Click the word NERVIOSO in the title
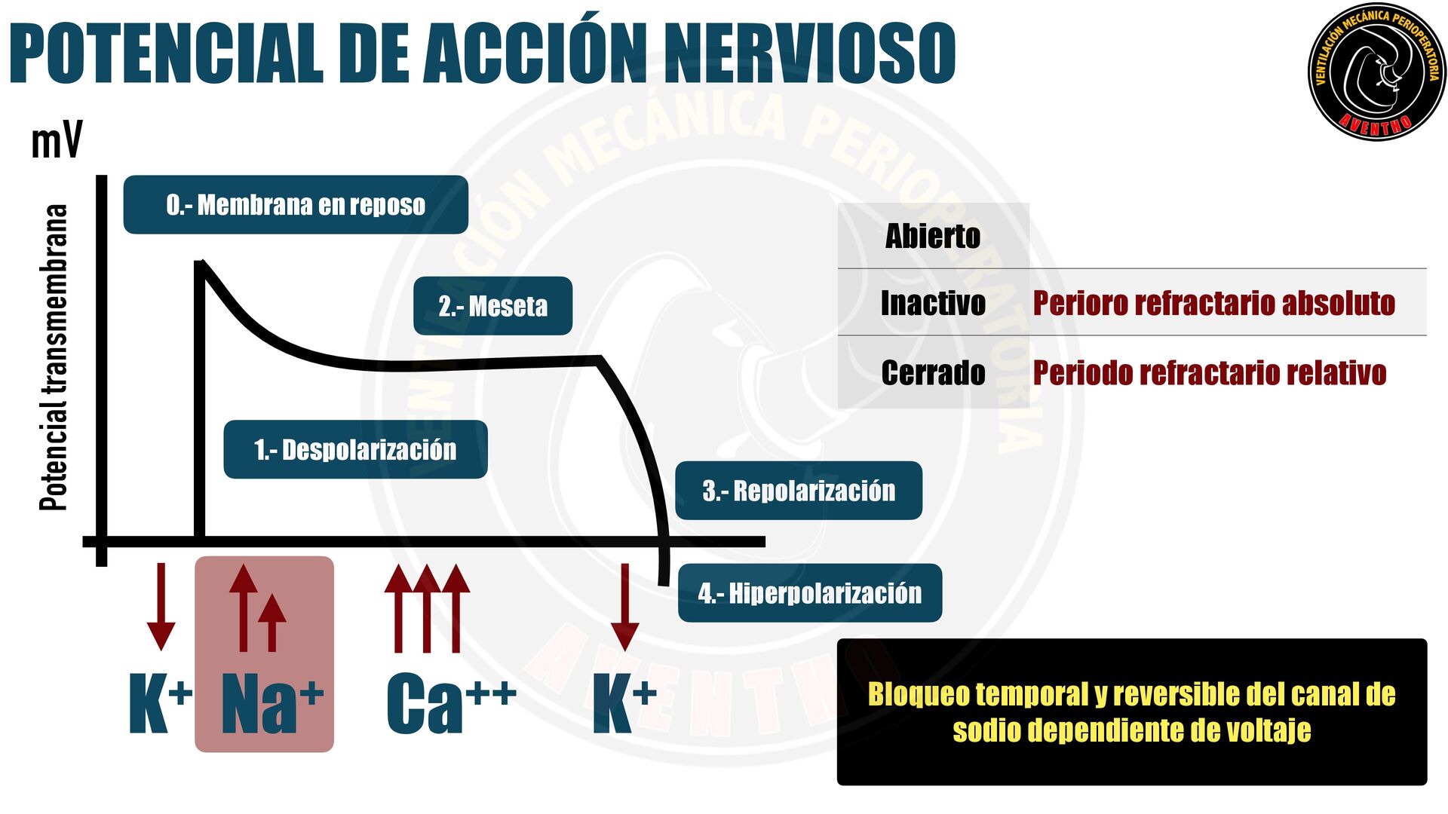[x=809, y=53]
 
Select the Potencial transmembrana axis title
[x=54, y=358]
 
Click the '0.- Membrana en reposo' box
[x=296, y=205]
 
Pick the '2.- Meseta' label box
[x=492, y=306]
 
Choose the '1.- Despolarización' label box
[x=355, y=450]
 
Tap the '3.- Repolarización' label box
[x=798, y=491]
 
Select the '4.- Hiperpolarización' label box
[x=809, y=593]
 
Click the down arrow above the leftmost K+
[x=161, y=607]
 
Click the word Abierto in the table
[x=933, y=236]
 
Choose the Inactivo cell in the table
[x=933, y=303]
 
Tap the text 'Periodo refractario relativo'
[x=1209, y=373]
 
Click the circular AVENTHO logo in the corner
[x=1376, y=72]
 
